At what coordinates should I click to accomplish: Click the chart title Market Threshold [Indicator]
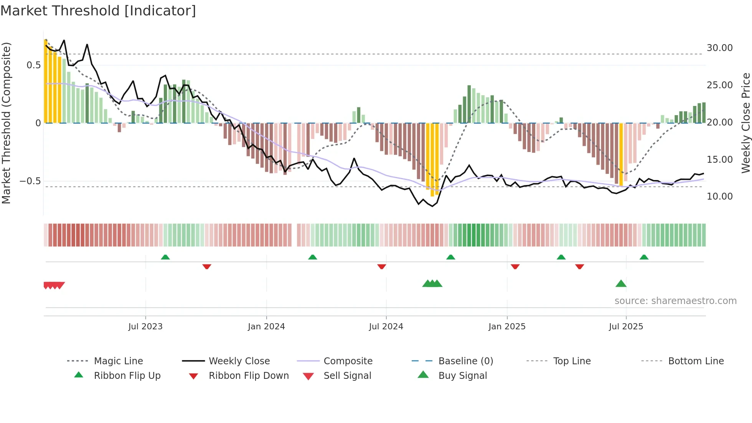[x=98, y=11]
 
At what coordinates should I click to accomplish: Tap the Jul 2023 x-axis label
[x=145, y=327]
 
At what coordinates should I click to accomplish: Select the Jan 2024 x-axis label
[x=266, y=327]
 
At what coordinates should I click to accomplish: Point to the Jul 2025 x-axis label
[x=626, y=327]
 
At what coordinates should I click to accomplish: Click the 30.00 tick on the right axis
[x=719, y=48]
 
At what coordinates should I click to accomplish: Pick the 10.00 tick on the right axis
[x=719, y=197]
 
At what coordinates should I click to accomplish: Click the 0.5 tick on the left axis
[x=33, y=65]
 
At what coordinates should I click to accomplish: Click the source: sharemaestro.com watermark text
[x=675, y=301]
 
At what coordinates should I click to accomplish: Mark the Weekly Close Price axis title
[x=745, y=123]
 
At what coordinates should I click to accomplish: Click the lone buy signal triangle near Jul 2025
[x=621, y=284]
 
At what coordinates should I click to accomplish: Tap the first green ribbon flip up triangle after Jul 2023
[x=165, y=257]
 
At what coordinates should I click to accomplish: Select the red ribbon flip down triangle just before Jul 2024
[x=381, y=266]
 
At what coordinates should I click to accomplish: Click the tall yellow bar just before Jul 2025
[x=621, y=154]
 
